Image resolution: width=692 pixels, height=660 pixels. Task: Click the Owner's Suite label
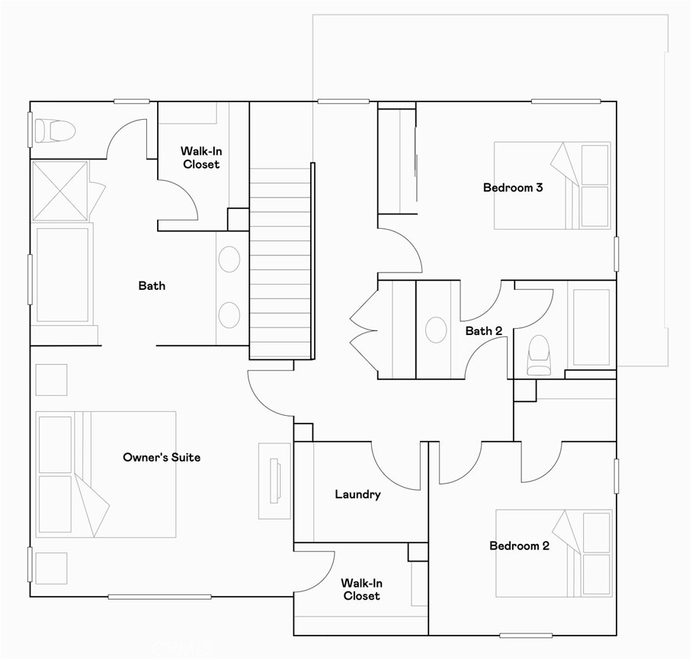(162, 457)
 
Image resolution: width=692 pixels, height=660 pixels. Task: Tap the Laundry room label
(357, 494)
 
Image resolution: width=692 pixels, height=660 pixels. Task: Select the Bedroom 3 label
(512, 187)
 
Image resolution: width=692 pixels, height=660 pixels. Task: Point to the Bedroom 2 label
(519, 546)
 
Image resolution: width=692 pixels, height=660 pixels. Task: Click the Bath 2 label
(484, 330)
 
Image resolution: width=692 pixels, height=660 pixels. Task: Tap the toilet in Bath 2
(539, 355)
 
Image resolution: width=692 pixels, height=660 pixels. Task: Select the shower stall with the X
(60, 191)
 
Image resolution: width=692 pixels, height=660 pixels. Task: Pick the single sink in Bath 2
(436, 330)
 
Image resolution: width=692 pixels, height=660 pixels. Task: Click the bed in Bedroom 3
(552, 185)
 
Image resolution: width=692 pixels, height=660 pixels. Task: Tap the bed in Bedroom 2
(554, 553)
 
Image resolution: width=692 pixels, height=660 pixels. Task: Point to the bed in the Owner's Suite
(105, 474)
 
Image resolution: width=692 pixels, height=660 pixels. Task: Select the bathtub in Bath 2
(591, 327)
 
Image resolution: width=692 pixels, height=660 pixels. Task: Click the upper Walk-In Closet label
(200, 157)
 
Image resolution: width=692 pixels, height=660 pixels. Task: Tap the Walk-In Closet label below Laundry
(361, 589)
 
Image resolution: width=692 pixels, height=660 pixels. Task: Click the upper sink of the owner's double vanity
(229, 259)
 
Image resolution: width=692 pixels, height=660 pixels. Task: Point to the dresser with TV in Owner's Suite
(274, 481)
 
